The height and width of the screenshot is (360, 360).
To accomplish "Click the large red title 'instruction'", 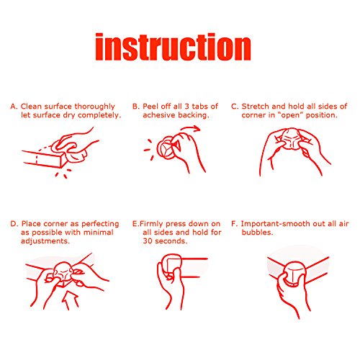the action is pos(173,47).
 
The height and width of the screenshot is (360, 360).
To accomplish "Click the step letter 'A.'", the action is pos(14,107).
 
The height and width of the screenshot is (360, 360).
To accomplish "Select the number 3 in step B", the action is pos(187,107).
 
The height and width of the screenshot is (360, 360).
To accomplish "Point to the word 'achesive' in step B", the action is pos(159,115).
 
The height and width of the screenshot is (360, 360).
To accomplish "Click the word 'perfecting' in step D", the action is pos(100,224).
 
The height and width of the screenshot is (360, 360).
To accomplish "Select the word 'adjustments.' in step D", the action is pos(45,241).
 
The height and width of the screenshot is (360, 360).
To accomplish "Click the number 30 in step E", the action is pos(148,241).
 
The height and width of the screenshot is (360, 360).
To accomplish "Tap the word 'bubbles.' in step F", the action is pos(257,233).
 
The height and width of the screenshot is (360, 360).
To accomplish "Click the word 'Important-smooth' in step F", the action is pos(275,224).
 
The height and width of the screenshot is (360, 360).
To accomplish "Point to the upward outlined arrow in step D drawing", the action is pos(70,300).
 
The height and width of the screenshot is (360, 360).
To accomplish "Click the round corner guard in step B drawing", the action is pos(166,148).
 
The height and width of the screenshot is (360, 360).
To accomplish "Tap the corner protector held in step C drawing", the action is pos(291,139).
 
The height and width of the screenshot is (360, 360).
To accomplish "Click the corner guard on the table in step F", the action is pos(294,274).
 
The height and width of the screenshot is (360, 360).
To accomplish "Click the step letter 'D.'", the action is pos(14,224).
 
